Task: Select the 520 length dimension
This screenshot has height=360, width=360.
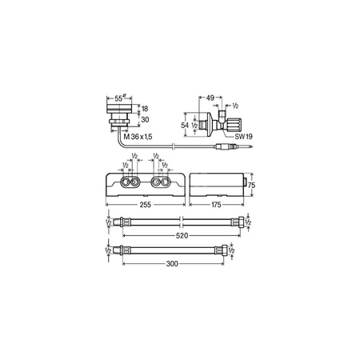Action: [183, 237]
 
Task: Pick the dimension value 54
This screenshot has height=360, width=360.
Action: [186, 125]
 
